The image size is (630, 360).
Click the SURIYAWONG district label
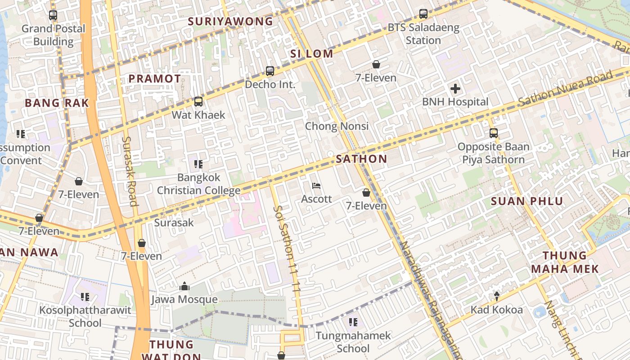coord(230,21)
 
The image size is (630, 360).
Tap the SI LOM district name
coord(312,54)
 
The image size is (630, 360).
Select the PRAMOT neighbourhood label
coord(155,78)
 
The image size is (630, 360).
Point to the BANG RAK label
coord(57,103)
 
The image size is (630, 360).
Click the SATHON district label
coord(361,158)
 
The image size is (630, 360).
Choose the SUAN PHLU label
coord(527,201)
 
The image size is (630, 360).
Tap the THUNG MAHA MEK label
coord(565,262)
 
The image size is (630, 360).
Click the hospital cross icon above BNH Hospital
coord(455,89)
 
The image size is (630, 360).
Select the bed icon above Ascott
coord(316,186)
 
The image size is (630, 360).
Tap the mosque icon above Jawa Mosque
coord(184,286)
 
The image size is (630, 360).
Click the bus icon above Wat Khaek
coord(198,102)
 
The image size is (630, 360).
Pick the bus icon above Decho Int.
coord(270,71)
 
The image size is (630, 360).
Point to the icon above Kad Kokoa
coord(497,296)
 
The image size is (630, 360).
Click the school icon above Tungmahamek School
coord(353,322)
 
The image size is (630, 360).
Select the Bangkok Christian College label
coord(198,184)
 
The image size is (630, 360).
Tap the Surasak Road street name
coord(129,171)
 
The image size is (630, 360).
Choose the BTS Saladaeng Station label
coord(423,34)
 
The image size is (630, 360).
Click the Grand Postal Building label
coord(53,35)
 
